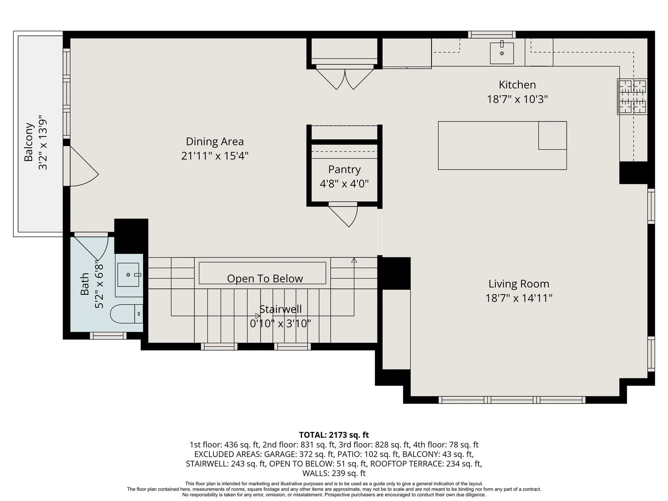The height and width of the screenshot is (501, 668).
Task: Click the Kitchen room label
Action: pyautogui.click(x=517, y=85)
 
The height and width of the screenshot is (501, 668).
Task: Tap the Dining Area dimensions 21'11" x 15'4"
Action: pyautogui.click(x=215, y=156)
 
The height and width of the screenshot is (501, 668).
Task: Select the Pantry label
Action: pyautogui.click(x=344, y=170)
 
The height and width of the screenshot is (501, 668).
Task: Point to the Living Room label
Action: pyautogui.click(x=519, y=284)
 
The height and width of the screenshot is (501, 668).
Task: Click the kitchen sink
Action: pyautogui.click(x=502, y=53)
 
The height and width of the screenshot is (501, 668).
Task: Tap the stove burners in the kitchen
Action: pyautogui.click(x=632, y=97)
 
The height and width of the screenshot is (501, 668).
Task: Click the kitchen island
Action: pyautogui.click(x=502, y=145)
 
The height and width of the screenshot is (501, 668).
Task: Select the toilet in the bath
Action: pyautogui.click(x=127, y=314)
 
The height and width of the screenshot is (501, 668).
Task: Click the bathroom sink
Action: pyautogui.click(x=128, y=275)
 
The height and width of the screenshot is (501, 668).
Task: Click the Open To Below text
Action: pyautogui.click(x=265, y=279)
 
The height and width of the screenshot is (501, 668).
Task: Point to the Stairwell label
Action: pyautogui.click(x=281, y=309)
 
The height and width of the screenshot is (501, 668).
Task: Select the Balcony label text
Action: pyautogui.click(x=29, y=142)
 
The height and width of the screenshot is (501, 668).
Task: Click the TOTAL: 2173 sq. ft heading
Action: pyautogui.click(x=334, y=435)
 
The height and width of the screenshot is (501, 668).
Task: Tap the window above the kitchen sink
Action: pyautogui.click(x=492, y=35)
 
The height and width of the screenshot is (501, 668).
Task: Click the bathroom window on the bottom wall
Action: pyautogui.click(x=108, y=336)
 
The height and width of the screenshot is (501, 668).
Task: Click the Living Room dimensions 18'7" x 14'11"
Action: pyautogui.click(x=519, y=298)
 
